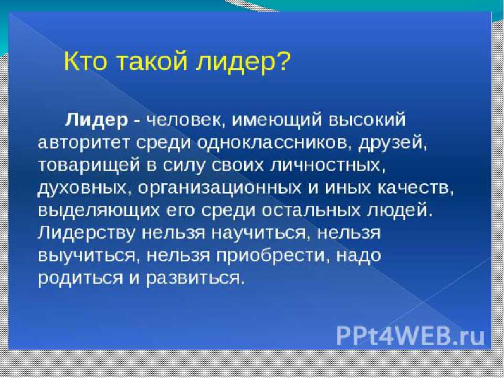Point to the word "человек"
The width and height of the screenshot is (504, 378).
coord(185,121)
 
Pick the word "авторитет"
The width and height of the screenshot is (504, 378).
coord(83,143)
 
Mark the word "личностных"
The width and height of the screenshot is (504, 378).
coord(328,166)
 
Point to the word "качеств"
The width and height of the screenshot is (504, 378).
coord(415,188)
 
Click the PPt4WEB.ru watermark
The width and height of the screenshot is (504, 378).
coord(411,336)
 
